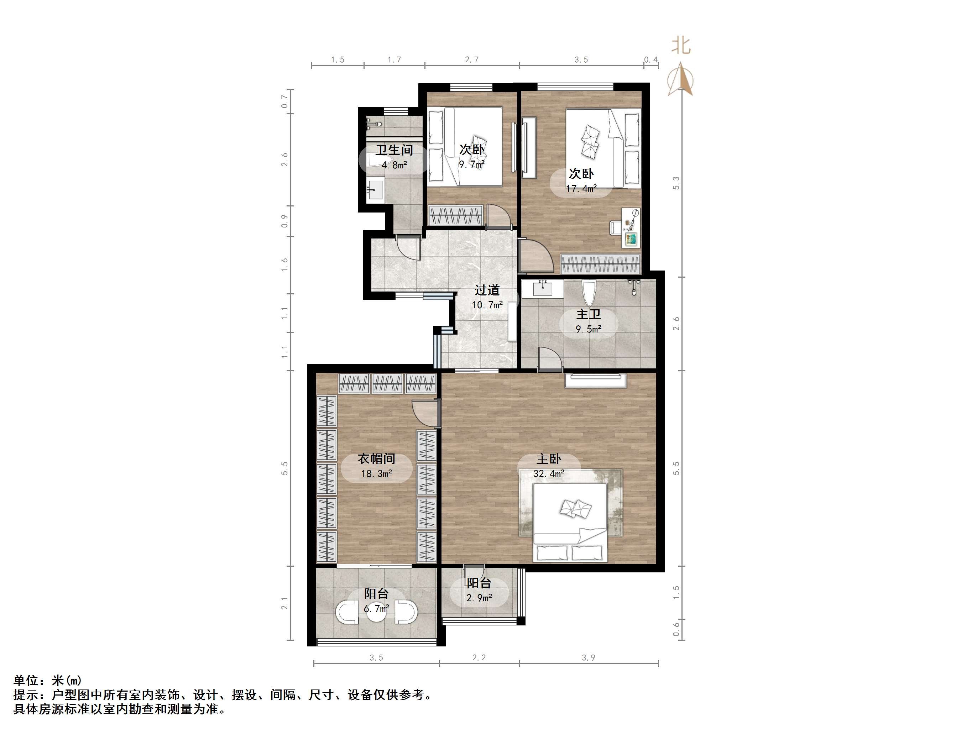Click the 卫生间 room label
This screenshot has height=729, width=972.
pos(394,150)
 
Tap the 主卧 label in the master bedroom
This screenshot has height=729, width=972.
pos(548,459)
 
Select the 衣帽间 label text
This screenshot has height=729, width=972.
pos(376,459)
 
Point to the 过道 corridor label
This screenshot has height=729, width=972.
pos(487,290)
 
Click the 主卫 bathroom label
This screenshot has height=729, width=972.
pos(589,314)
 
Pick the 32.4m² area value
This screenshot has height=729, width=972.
pos(548,474)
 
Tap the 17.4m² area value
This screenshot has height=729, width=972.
pos(581,189)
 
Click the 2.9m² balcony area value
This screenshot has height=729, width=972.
pos(479,598)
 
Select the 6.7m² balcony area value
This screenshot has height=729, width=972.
pos(376,608)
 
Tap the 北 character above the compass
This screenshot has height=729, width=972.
pos(681,46)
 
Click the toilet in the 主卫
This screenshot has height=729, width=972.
pos(589,292)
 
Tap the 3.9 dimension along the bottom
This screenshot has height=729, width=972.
pos(589,658)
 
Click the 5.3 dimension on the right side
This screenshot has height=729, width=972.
pos(676,183)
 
